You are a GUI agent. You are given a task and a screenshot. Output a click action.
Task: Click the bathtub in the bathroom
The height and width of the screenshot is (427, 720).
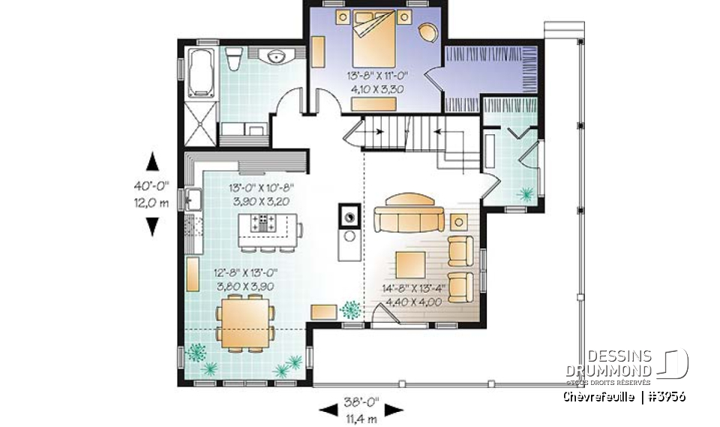201,73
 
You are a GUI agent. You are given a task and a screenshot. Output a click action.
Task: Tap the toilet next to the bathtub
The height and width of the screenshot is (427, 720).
233,57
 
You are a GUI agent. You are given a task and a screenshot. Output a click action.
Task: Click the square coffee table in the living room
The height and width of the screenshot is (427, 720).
411,264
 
